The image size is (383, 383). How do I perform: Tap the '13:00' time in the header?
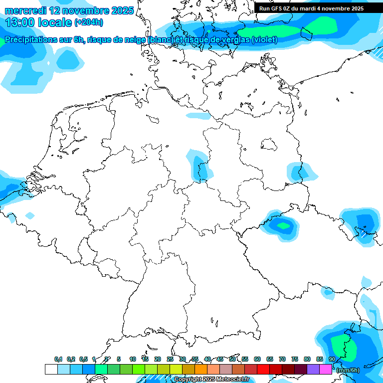pyautogui.click(x=20, y=22)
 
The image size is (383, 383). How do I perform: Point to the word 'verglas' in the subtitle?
pyautogui.click(x=235, y=40)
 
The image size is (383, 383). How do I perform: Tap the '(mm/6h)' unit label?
pyautogui.click(x=348, y=370)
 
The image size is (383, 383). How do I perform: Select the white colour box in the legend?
pyautogui.click(x=51, y=370)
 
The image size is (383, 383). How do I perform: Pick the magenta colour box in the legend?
pyautogui.click(x=326, y=370)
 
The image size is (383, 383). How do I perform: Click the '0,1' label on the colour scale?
pyautogui.click(x=58, y=360)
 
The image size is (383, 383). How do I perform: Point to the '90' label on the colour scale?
pyautogui.click(x=332, y=360)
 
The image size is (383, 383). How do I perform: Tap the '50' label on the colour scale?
pyautogui.click(x=232, y=360)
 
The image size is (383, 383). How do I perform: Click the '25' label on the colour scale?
pyautogui.click(x=170, y=360)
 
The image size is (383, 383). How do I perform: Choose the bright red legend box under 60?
pyautogui.click(x=263, y=370)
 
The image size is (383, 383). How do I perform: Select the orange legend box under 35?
pyautogui.click(x=201, y=370)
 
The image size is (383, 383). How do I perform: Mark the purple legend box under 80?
pyautogui.click(x=313, y=370)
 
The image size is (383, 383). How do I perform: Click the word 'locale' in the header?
pyautogui.click(x=56, y=22)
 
